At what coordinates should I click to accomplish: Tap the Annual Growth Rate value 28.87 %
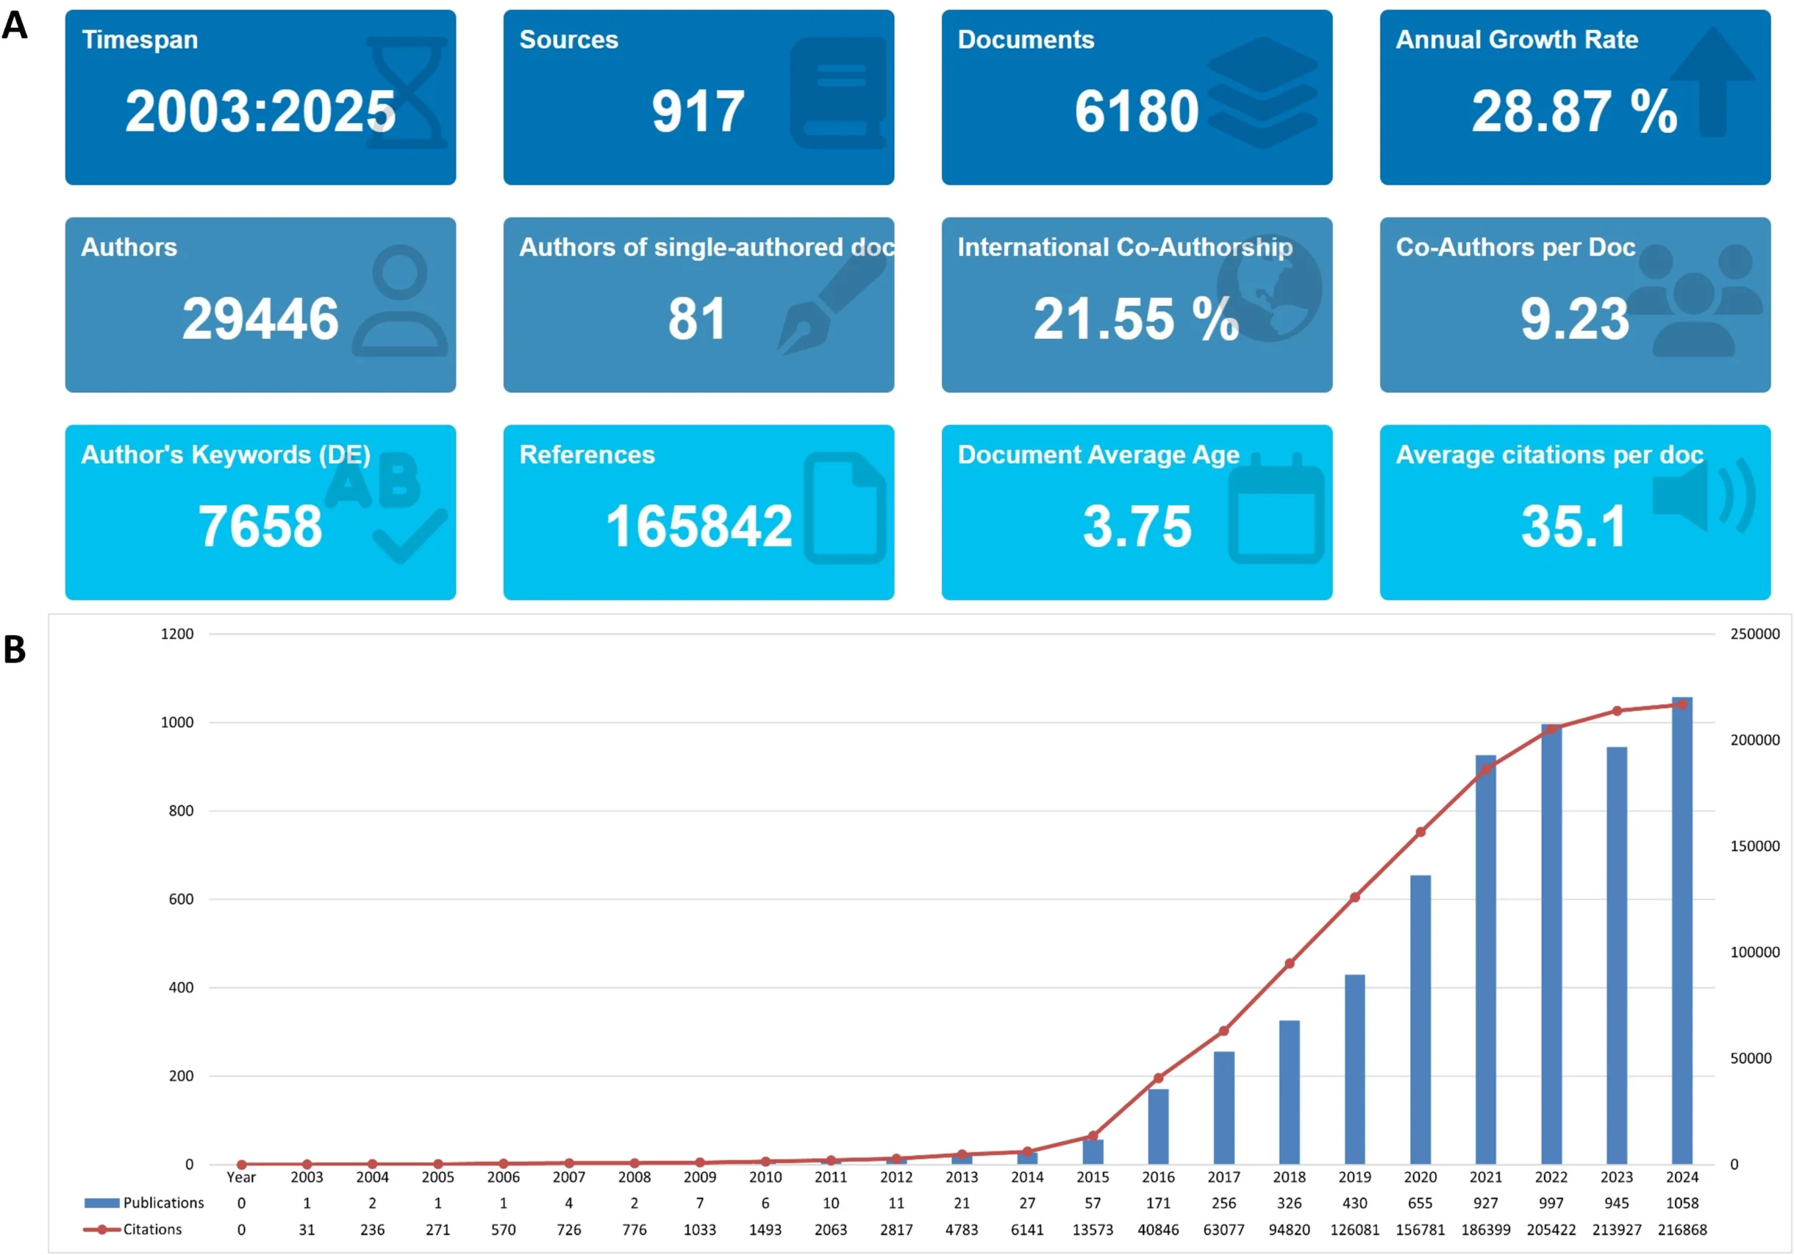[x=1573, y=111]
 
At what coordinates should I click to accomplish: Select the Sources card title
[x=568, y=40]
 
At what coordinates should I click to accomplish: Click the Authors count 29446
[x=260, y=319]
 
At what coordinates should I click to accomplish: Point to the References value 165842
[x=698, y=526]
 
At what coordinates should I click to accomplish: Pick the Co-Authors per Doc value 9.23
[x=1573, y=319]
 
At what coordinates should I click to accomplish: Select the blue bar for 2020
[x=1420, y=1019]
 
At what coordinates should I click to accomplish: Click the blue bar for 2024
[x=1682, y=930]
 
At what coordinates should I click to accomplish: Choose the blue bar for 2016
[x=1158, y=1126]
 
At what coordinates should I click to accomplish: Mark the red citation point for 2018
[x=1289, y=964]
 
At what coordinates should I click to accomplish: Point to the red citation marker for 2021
[x=1485, y=769]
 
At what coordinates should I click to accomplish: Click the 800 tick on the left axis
[x=180, y=811]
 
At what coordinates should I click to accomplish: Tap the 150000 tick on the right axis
[x=1754, y=846]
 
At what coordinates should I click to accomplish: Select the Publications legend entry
[x=145, y=1203]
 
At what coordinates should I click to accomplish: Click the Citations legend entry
[x=133, y=1229]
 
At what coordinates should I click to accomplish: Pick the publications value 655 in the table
[x=1420, y=1203]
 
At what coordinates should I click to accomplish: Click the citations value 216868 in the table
[x=1682, y=1229]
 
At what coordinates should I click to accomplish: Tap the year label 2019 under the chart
[x=1354, y=1177]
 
